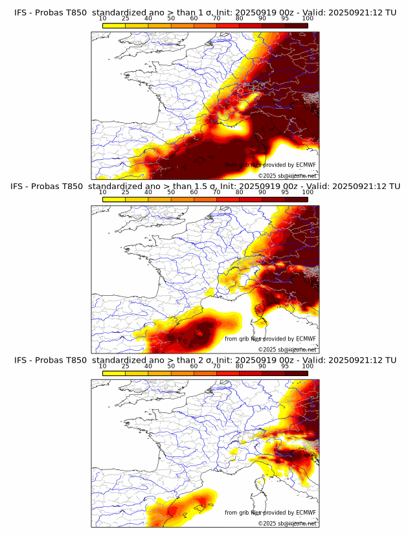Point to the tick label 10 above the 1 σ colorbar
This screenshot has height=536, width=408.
pos(103,18)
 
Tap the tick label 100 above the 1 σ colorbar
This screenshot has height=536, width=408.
pos(308,18)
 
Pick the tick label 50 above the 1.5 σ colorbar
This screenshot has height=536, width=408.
pos(171,192)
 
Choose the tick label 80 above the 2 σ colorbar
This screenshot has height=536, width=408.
pos(240,366)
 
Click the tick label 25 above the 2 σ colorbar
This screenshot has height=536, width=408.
pos(126,366)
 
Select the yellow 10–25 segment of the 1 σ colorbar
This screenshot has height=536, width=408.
pos(114,25)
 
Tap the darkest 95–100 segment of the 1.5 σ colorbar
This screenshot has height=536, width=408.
pos(297,199)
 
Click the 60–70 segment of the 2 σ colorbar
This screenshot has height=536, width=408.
pos(205,373)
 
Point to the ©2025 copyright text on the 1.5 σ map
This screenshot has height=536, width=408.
pos(287,350)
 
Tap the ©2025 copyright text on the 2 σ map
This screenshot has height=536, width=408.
pos(287,523)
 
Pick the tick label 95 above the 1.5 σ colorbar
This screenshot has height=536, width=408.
pos(285,192)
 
